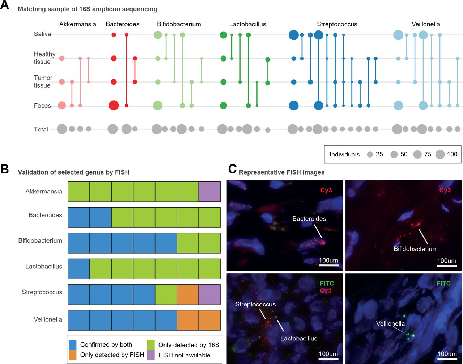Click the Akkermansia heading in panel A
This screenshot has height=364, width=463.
(78, 24)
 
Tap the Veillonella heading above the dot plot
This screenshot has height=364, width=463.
(426, 24)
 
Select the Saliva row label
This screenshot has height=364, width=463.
(42, 34)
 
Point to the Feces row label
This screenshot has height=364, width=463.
(42, 106)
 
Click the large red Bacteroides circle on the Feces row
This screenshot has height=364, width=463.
(114, 106)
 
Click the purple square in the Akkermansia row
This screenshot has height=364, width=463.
(209, 192)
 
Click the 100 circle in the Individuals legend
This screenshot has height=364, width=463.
(440, 154)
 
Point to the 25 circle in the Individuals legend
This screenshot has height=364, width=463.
(370, 154)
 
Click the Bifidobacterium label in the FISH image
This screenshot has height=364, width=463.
(416, 249)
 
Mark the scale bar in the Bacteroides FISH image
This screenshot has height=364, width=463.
(328, 266)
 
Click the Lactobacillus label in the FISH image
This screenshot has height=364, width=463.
(299, 338)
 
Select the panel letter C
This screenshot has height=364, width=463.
(233, 169)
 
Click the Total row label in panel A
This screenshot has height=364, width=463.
(41, 129)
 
